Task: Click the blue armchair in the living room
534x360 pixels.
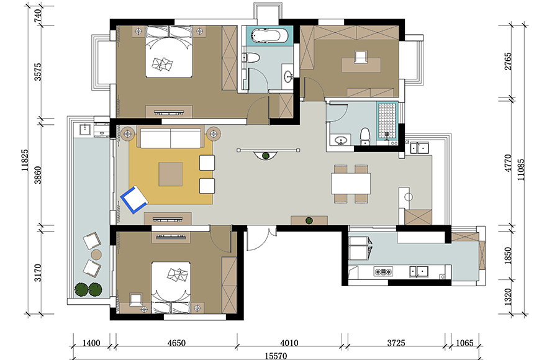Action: coord(134,199)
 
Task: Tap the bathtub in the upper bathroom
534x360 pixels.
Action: coord(269,36)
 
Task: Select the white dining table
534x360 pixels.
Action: coord(351,184)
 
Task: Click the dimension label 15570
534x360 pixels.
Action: coord(276,356)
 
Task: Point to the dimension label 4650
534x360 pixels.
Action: coord(176,343)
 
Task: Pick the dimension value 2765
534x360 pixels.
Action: coord(508,61)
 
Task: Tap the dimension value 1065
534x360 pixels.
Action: coord(464,343)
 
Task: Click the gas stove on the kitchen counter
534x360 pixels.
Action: coord(384,271)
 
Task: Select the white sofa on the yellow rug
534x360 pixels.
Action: coord(171,138)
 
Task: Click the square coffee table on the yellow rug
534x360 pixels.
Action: coord(170,174)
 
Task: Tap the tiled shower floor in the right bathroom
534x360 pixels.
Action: coord(387,120)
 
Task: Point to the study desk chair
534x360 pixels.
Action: coord(361,57)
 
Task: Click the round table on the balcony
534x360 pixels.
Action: coord(96,254)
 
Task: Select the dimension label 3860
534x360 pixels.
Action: coord(38,175)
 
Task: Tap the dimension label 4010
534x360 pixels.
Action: coord(289,343)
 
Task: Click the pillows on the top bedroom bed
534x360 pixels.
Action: coord(162,64)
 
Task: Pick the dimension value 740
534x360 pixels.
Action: coord(38,16)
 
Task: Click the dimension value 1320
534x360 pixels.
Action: coord(508,297)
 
